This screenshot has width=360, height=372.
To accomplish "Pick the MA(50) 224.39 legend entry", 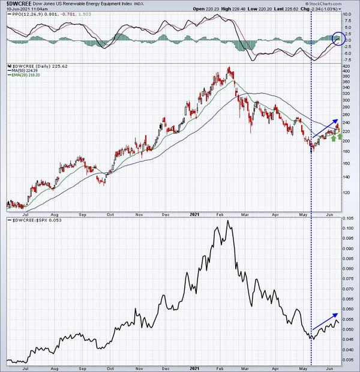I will click(x=25, y=71).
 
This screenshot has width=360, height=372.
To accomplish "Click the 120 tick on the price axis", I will click(x=349, y=193).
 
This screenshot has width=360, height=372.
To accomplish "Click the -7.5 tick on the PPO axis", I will click(x=349, y=60).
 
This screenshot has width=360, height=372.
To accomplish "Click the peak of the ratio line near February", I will click(x=227, y=221).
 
